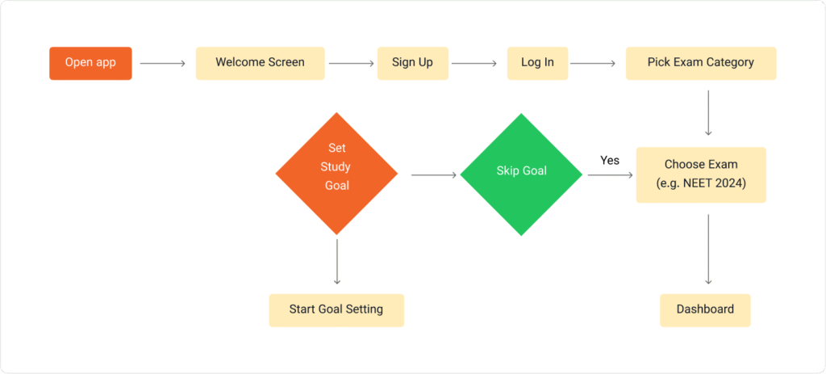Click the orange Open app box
coord(90,63)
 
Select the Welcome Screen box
coord(261,63)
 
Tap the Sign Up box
coord(412,63)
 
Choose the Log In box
coord(537,63)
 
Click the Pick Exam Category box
coord(701,63)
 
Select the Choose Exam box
coord(701,175)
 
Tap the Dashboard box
coord(705,310)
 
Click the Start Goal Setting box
coord(336,310)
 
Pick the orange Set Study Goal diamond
coord(336,174)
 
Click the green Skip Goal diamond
coord(521,174)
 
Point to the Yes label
coord(610,161)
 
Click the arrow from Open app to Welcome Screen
coord(163,64)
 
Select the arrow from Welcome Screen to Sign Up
coord(352,64)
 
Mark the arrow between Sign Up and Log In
coord(474,64)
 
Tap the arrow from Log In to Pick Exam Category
coord(593,64)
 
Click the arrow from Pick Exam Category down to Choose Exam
coord(708,113)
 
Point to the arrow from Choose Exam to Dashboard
coord(708,249)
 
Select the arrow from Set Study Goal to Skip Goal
coord(433,174)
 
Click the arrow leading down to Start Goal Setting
coord(337,262)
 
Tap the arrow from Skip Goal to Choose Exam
coord(611,174)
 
